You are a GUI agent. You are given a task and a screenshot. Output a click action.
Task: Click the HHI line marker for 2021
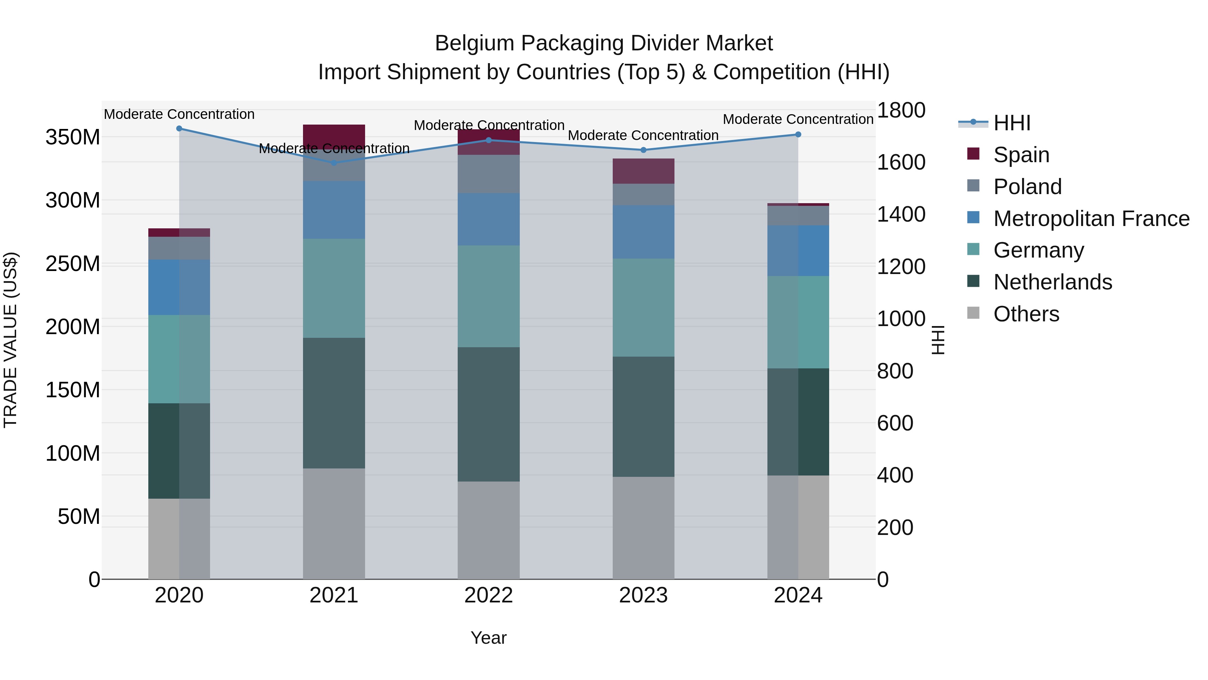point(334,163)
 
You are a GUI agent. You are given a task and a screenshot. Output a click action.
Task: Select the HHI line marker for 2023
point(643,150)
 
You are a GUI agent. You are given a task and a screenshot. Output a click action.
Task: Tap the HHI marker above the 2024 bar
point(798,135)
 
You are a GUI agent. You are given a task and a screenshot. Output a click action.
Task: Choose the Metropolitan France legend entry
point(1091,219)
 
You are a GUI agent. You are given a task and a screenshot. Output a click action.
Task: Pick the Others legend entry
point(1026,314)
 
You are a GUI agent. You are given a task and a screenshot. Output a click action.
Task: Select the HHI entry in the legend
point(1011,123)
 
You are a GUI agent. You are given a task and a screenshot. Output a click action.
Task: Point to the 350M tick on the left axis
point(73,137)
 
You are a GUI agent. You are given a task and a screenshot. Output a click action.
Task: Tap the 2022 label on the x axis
point(489,595)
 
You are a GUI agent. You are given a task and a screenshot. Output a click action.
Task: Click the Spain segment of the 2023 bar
point(643,171)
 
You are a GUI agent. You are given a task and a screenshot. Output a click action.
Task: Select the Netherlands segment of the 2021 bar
point(334,403)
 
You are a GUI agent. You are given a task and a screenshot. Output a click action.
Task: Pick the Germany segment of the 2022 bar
point(489,296)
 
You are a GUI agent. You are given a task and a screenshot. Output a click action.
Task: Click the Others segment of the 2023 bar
point(643,528)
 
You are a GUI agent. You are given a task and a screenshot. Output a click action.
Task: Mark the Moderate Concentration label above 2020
point(179,115)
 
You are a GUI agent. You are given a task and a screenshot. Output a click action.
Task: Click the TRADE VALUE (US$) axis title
point(10,340)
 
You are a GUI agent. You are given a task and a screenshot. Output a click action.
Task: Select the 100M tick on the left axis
point(73,453)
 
